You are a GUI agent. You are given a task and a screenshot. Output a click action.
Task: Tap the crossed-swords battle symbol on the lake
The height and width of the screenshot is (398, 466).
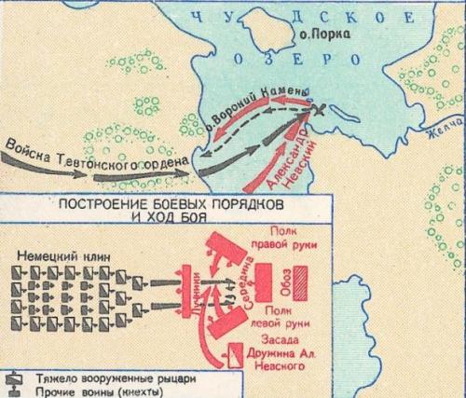click(x=319, y=111)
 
